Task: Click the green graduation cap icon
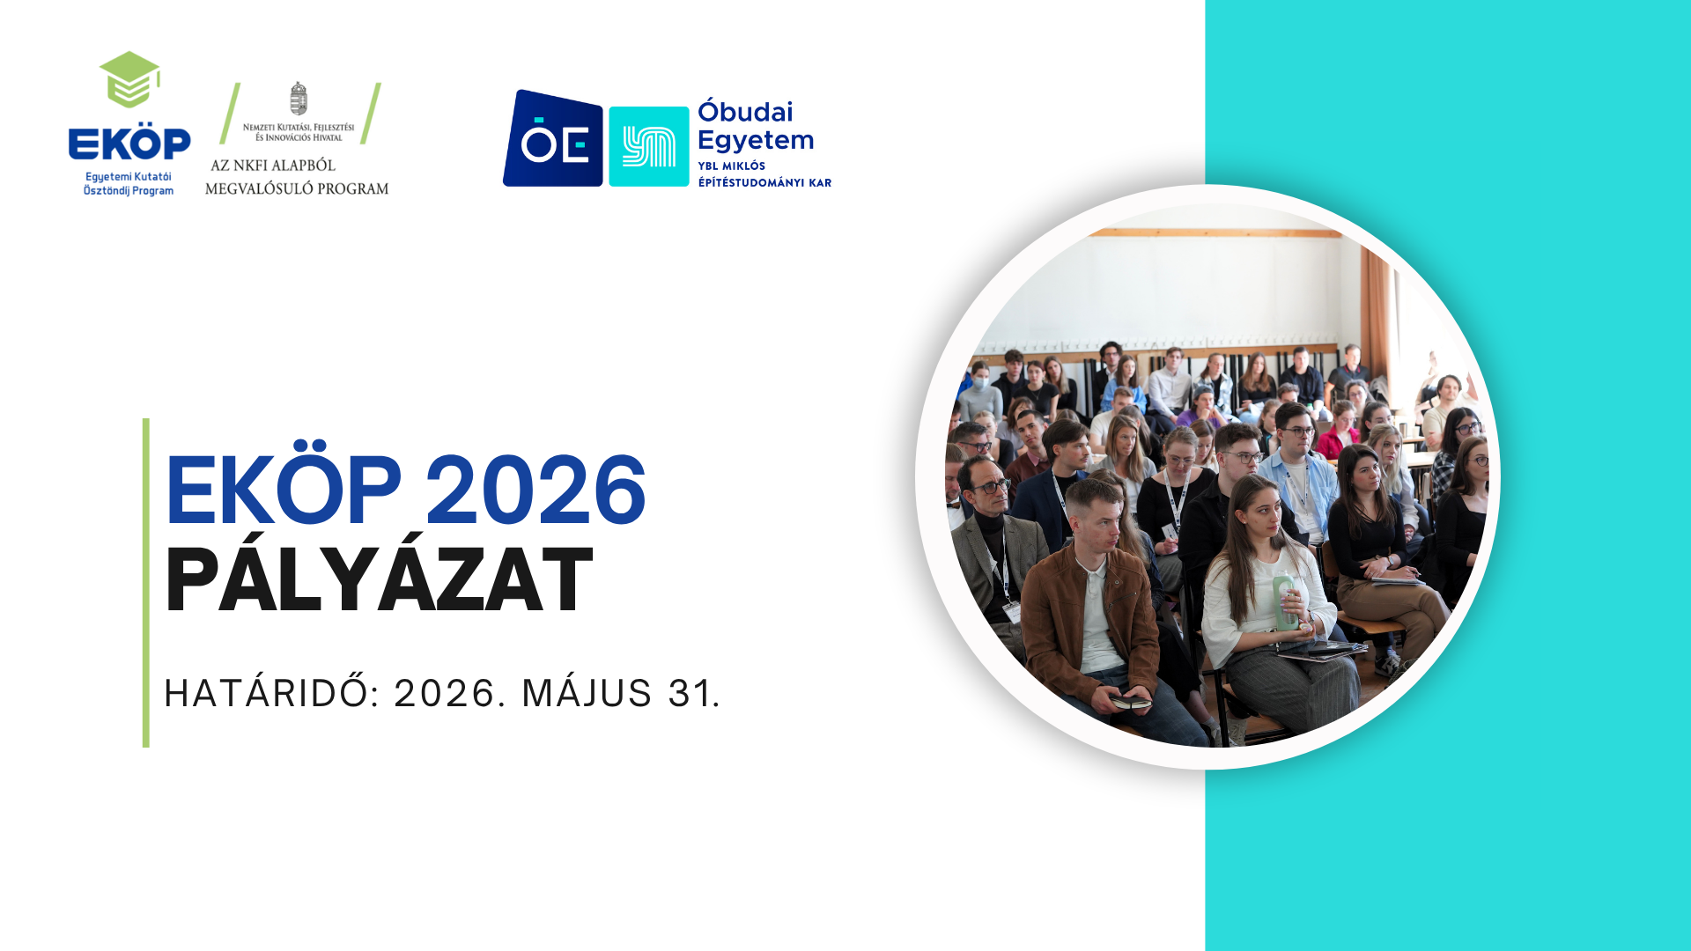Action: pos(129,79)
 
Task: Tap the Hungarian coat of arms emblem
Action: pos(299,99)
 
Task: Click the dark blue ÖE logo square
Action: pos(553,138)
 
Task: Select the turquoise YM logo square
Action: pos(649,146)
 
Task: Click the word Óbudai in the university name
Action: pos(745,112)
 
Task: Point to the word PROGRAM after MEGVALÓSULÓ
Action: pos(353,188)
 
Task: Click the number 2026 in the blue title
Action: pos(535,490)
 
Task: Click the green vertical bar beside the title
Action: pos(146,583)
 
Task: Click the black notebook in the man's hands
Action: pos(1130,702)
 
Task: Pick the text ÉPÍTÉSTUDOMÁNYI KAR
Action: pos(764,183)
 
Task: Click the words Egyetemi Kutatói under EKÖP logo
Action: pos(129,177)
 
